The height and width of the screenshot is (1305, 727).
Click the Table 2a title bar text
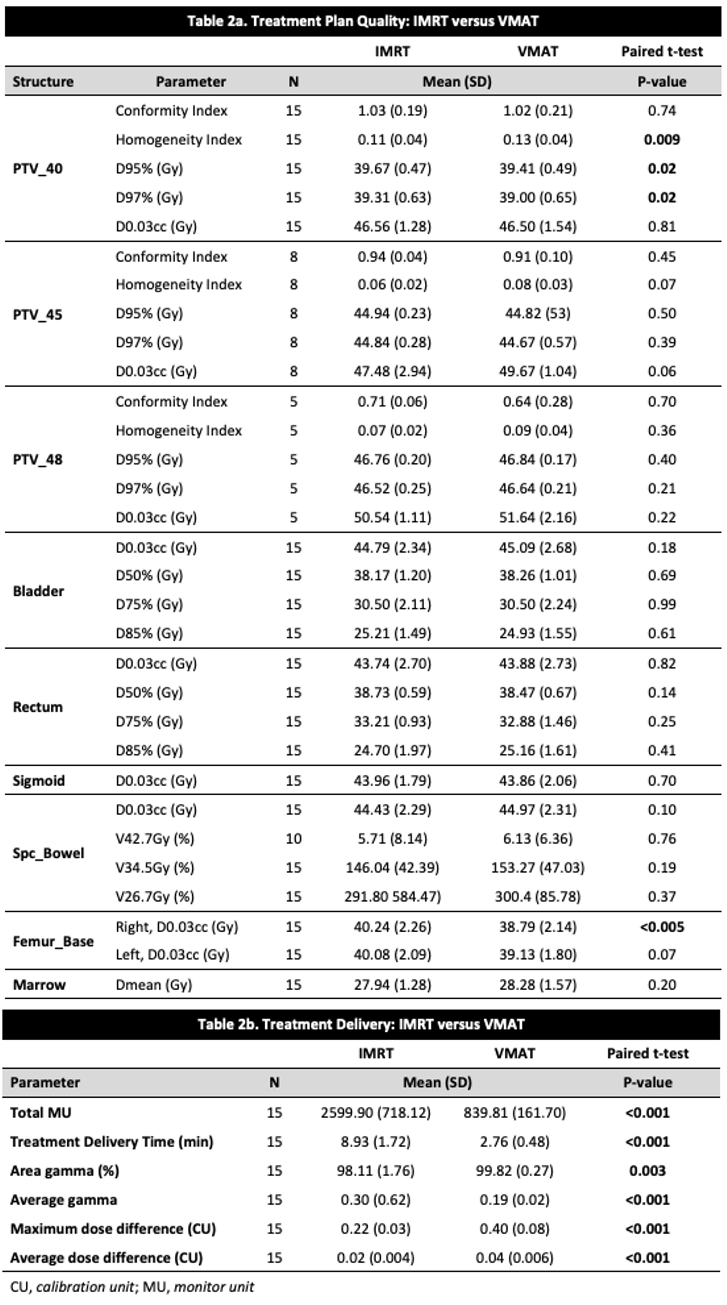[363, 21]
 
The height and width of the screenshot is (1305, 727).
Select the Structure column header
[43, 81]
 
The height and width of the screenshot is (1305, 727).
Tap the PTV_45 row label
[37, 315]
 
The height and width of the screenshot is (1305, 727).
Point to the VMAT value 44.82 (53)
[538, 314]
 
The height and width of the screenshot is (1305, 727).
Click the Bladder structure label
[38, 591]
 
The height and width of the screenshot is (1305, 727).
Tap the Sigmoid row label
[38, 781]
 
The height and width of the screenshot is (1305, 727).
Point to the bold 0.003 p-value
[648, 1170]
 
